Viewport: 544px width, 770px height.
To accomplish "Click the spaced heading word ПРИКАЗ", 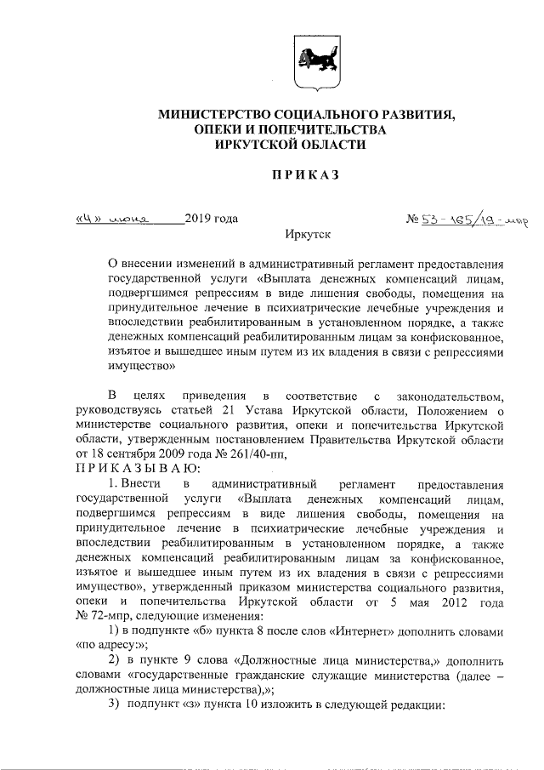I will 305,175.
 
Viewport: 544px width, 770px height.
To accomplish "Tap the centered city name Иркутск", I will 307,234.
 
